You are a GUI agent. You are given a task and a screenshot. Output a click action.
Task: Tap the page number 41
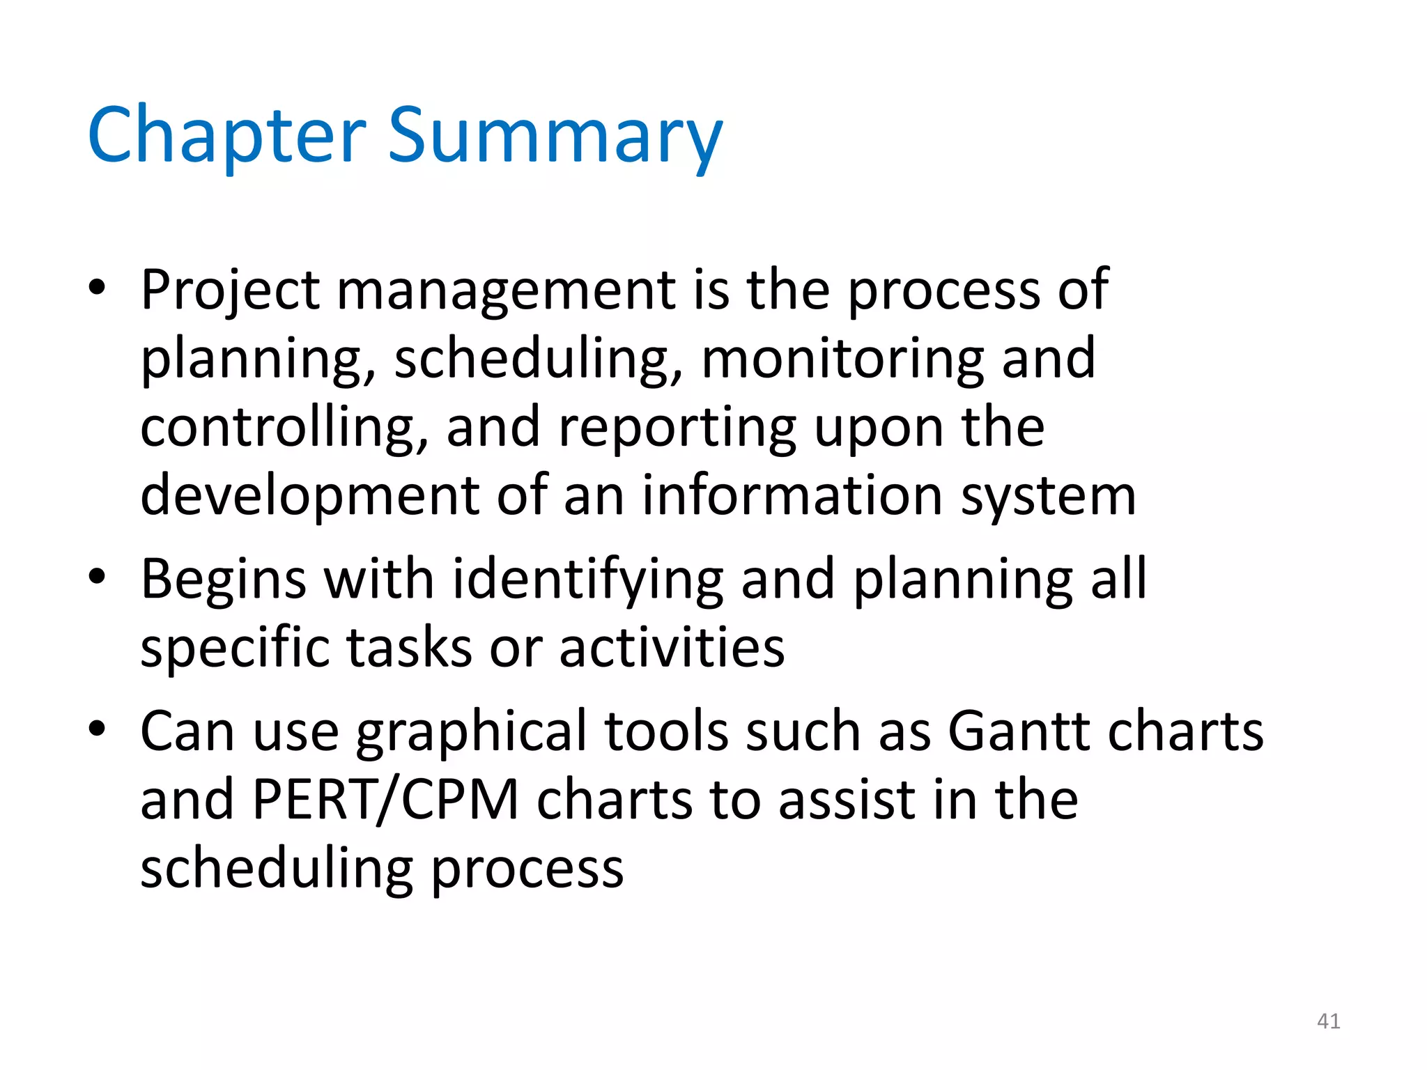point(1328,1021)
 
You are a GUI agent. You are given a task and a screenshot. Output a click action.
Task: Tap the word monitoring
point(842,358)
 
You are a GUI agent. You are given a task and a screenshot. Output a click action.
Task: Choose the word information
point(792,495)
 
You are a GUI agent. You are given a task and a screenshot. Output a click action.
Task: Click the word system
point(1048,495)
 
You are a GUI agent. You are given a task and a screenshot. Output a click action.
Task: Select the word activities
point(672,648)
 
